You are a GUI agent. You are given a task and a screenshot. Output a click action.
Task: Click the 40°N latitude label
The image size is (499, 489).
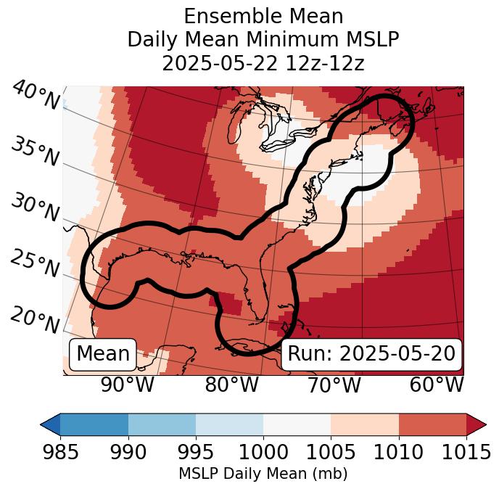(35, 96)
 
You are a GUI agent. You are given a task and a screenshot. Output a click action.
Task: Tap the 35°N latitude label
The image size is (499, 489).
(35, 152)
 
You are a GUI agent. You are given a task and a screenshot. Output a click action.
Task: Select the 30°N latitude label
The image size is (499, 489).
(35, 208)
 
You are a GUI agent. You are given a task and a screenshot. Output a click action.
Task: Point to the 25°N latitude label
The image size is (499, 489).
(35, 264)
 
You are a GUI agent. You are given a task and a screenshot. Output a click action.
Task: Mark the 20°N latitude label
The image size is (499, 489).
(35, 320)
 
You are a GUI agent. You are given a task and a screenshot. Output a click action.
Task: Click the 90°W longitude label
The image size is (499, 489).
(128, 385)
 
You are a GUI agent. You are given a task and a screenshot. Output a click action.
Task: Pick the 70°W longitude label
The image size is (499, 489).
(333, 385)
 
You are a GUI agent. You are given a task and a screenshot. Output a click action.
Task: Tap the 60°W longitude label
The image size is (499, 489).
(437, 385)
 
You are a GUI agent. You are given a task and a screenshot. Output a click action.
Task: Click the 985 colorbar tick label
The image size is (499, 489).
(60, 452)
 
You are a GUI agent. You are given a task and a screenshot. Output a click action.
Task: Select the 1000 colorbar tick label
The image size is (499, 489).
(263, 452)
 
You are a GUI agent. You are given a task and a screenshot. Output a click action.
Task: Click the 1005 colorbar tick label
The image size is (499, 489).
(331, 452)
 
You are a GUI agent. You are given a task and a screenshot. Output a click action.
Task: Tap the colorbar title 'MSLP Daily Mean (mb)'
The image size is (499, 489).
(263, 474)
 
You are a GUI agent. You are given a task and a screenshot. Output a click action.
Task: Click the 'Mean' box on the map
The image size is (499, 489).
(103, 354)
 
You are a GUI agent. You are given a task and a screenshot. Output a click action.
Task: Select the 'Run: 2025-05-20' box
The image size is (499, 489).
(371, 354)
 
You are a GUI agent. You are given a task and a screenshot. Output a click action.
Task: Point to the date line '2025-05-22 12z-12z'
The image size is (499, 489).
(263, 63)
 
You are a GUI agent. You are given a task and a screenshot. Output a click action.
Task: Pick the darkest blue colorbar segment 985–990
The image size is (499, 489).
(94, 424)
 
